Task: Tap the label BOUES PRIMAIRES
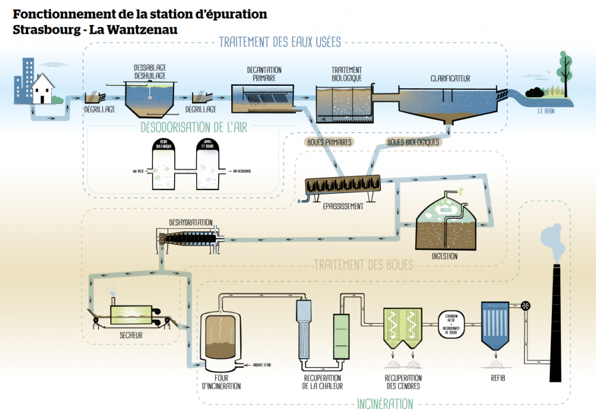[x=328, y=143]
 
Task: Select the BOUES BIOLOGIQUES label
[x=413, y=143]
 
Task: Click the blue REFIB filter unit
[x=495, y=328]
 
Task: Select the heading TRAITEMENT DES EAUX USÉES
[x=280, y=42]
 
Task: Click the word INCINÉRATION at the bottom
[x=385, y=404]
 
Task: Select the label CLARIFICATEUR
[x=450, y=78]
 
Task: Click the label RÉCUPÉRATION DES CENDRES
[x=403, y=382]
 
